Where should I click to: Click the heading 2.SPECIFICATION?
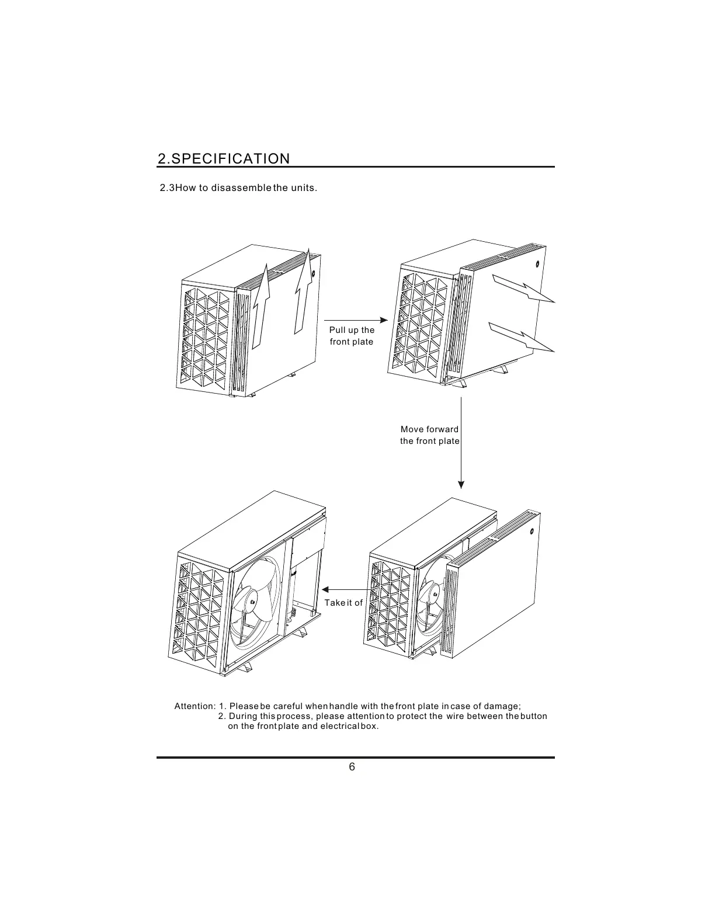[x=224, y=159]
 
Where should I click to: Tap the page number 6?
[x=352, y=767]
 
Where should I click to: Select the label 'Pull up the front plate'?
[x=352, y=336]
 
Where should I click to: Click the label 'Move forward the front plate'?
[x=429, y=435]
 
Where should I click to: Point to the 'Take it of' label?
[x=343, y=603]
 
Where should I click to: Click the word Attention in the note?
[x=195, y=707]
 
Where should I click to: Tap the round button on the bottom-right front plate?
[x=532, y=532]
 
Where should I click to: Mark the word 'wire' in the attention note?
[x=454, y=717]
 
